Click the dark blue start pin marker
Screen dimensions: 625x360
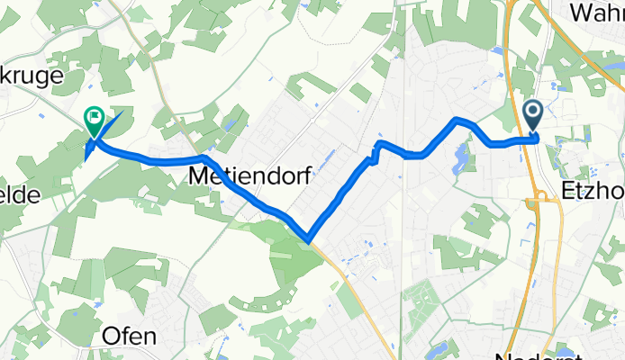[532, 114]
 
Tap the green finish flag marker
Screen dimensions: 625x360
[94, 118]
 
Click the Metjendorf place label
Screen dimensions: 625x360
[251, 177]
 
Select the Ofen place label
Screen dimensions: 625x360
[131, 336]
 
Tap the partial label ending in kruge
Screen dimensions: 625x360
[32, 76]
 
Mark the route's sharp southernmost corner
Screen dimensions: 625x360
[308, 240]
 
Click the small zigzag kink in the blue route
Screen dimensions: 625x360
[374, 154]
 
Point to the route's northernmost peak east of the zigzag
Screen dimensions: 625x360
[458, 119]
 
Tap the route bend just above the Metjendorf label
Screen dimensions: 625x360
[206, 159]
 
